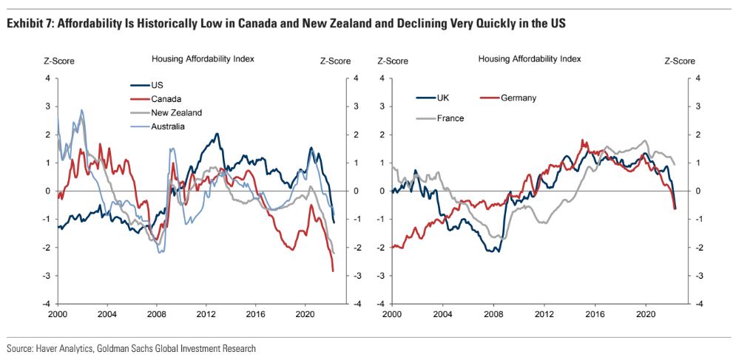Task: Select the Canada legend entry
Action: [166, 99]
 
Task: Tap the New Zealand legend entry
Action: [176, 113]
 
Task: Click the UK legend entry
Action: [442, 98]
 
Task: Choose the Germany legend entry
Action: [518, 98]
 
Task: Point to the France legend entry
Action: [450, 118]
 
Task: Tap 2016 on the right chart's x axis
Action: [594, 313]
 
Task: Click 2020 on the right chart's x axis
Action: [645, 313]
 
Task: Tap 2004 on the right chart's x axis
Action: [442, 313]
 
